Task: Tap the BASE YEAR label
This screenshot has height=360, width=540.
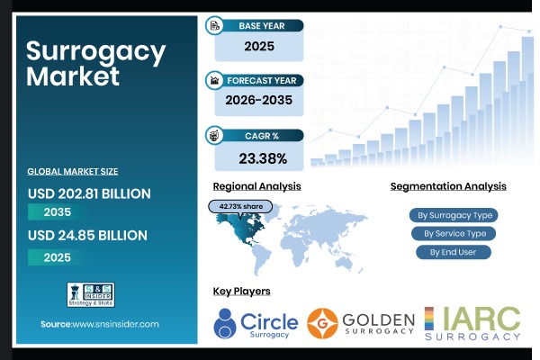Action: click(x=262, y=25)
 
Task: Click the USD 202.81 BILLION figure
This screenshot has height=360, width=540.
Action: click(x=89, y=193)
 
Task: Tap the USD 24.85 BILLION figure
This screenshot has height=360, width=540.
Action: click(x=85, y=236)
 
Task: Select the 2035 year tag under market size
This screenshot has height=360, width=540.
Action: click(x=56, y=212)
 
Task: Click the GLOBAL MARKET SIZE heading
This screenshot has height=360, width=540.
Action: click(x=73, y=171)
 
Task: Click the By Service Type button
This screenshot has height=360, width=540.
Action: click(x=454, y=234)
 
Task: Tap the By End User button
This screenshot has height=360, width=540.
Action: click(x=454, y=252)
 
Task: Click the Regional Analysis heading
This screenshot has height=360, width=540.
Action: click(x=256, y=186)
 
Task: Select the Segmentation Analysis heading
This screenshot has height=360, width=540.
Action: click(x=448, y=186)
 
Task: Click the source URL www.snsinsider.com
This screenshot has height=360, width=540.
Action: click(x=100, y=323)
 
